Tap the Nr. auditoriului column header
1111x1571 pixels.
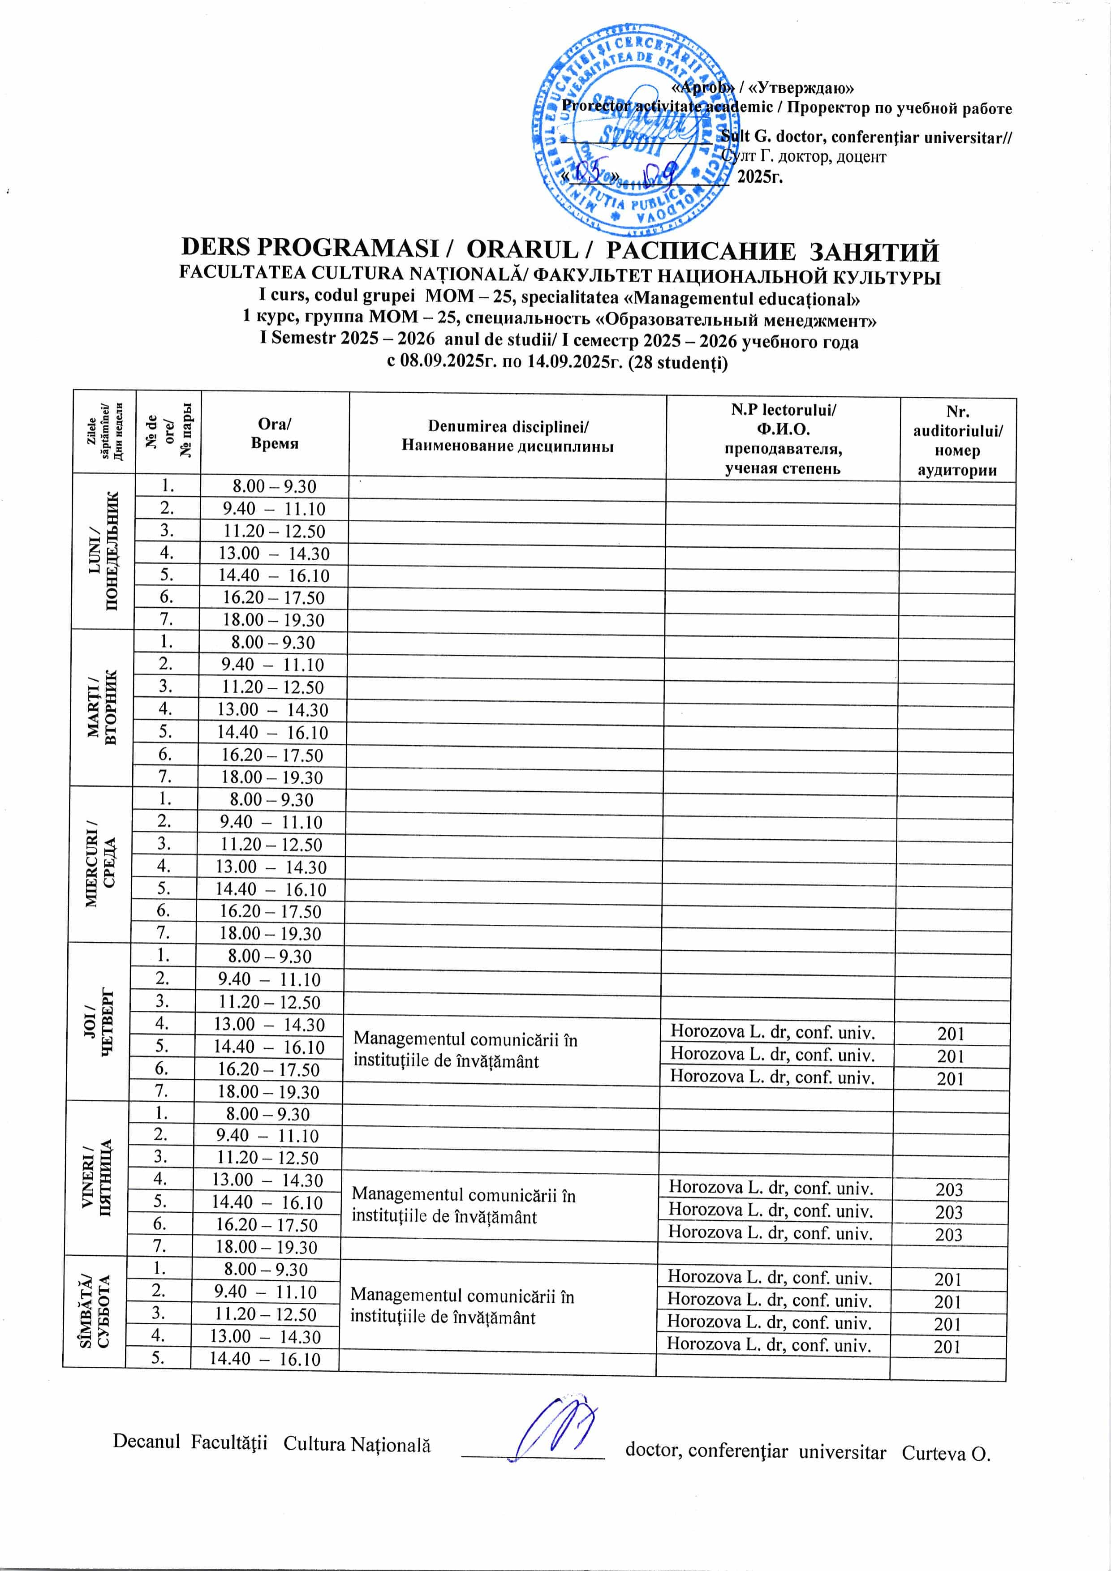(957, 440)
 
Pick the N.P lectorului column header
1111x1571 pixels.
(783, 438)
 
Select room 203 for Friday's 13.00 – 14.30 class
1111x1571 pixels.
(949, 1190)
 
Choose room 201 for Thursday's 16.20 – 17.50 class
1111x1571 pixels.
(950, 1079)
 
